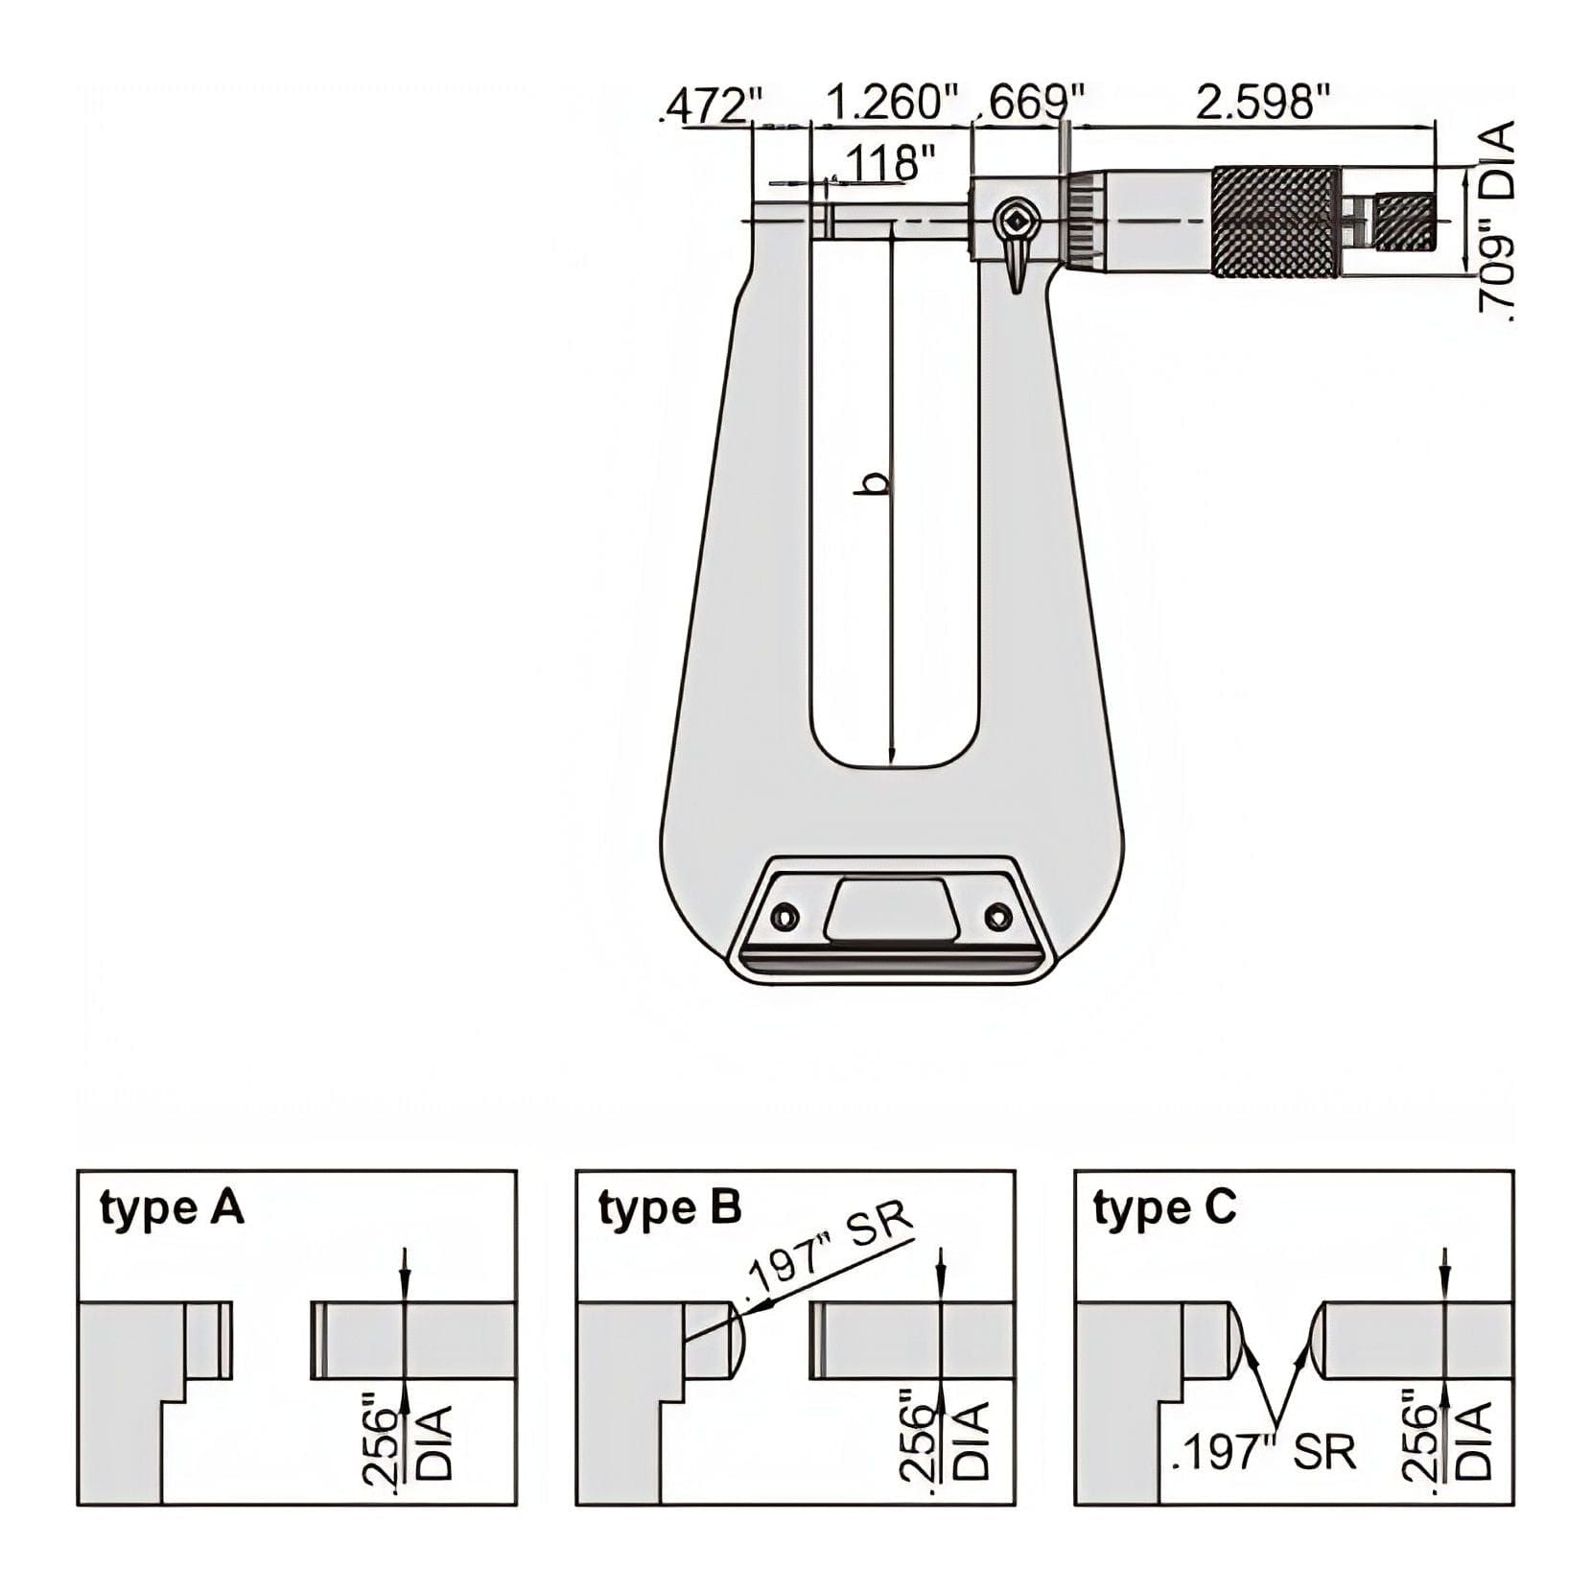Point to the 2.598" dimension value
click(x=1263, y=102)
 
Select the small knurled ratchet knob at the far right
click(x=1406, y=222)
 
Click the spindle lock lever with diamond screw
click(x=1015, y=240)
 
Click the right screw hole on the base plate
click(x=998, y=916)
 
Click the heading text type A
click(x=172, y=1209)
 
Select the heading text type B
click(x=669, y=1209)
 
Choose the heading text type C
click(x=1164, y=1209)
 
